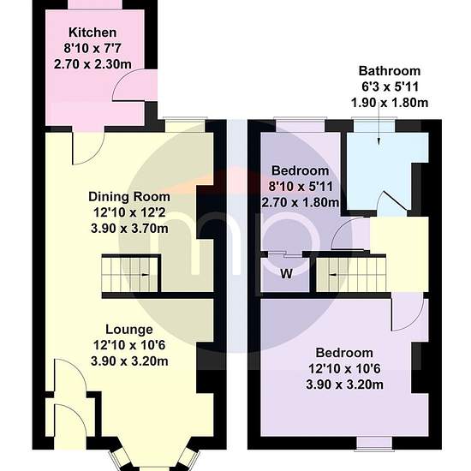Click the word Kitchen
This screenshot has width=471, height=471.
point(92,33)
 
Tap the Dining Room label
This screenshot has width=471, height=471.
point(129,197)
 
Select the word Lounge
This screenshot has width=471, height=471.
point(129,330)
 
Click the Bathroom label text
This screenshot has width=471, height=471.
point(390,71)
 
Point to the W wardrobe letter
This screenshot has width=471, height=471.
point(286,274)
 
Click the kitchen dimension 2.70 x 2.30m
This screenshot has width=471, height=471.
point(92,64)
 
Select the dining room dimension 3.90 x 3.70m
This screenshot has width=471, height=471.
point(129,229)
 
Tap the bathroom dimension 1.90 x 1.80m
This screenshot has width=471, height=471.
point(390,103)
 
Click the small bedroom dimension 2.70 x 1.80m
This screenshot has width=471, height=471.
point(301,203)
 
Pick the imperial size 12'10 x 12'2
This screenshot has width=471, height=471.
point(129,213)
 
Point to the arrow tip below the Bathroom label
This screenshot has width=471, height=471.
point(379,145)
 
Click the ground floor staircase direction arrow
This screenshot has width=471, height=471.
point(145,275)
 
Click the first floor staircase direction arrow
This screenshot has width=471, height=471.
point(333,275)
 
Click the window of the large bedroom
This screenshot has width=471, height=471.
point(374,444)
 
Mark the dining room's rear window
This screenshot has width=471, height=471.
point(185,125)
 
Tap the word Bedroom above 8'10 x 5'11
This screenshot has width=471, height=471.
point(300,171)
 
